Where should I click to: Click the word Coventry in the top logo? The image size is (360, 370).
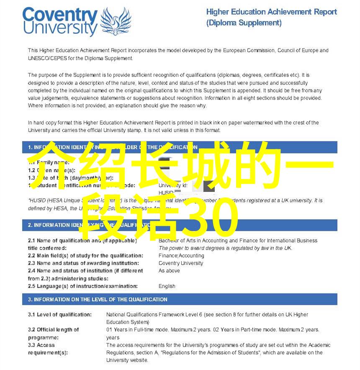point(60,16)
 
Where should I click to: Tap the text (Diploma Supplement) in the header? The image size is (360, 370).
point(244,23)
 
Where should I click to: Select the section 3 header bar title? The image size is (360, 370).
point(98,299)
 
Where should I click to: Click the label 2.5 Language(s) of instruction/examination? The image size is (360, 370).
point(82,286)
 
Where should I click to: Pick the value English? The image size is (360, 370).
point(167,286)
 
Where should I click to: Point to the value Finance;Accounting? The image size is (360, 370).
point(181,256)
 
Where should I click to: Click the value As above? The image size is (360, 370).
point(169,271)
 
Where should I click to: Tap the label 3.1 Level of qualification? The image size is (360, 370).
point(60,314)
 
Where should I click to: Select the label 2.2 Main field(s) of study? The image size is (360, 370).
point(85,256)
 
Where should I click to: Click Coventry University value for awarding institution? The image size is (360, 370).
point(180,263)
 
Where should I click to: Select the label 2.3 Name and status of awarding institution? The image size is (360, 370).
point(83,263)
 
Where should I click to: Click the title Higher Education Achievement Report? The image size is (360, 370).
point(271,12)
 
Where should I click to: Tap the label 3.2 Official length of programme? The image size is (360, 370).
point(53,333)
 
